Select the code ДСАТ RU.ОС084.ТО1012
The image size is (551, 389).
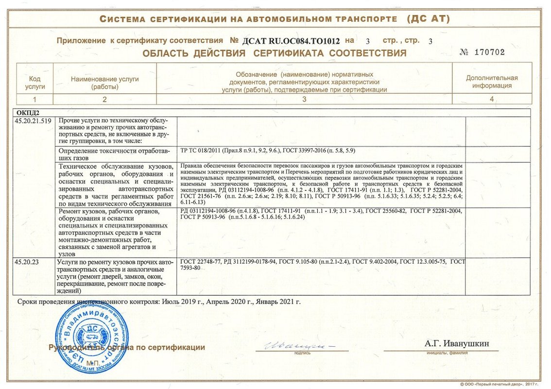coord(292,41)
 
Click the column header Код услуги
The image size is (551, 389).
coord(34,82)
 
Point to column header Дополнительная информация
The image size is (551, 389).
coord(492,82)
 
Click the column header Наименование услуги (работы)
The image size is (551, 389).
coord(105,82)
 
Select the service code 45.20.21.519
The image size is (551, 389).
coord(33,121)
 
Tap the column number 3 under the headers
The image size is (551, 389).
coord(304,99)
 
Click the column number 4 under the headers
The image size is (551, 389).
coord(492,99)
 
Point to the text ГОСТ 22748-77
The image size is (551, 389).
coord(200,262)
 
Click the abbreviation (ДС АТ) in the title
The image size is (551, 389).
coord(428,19)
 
